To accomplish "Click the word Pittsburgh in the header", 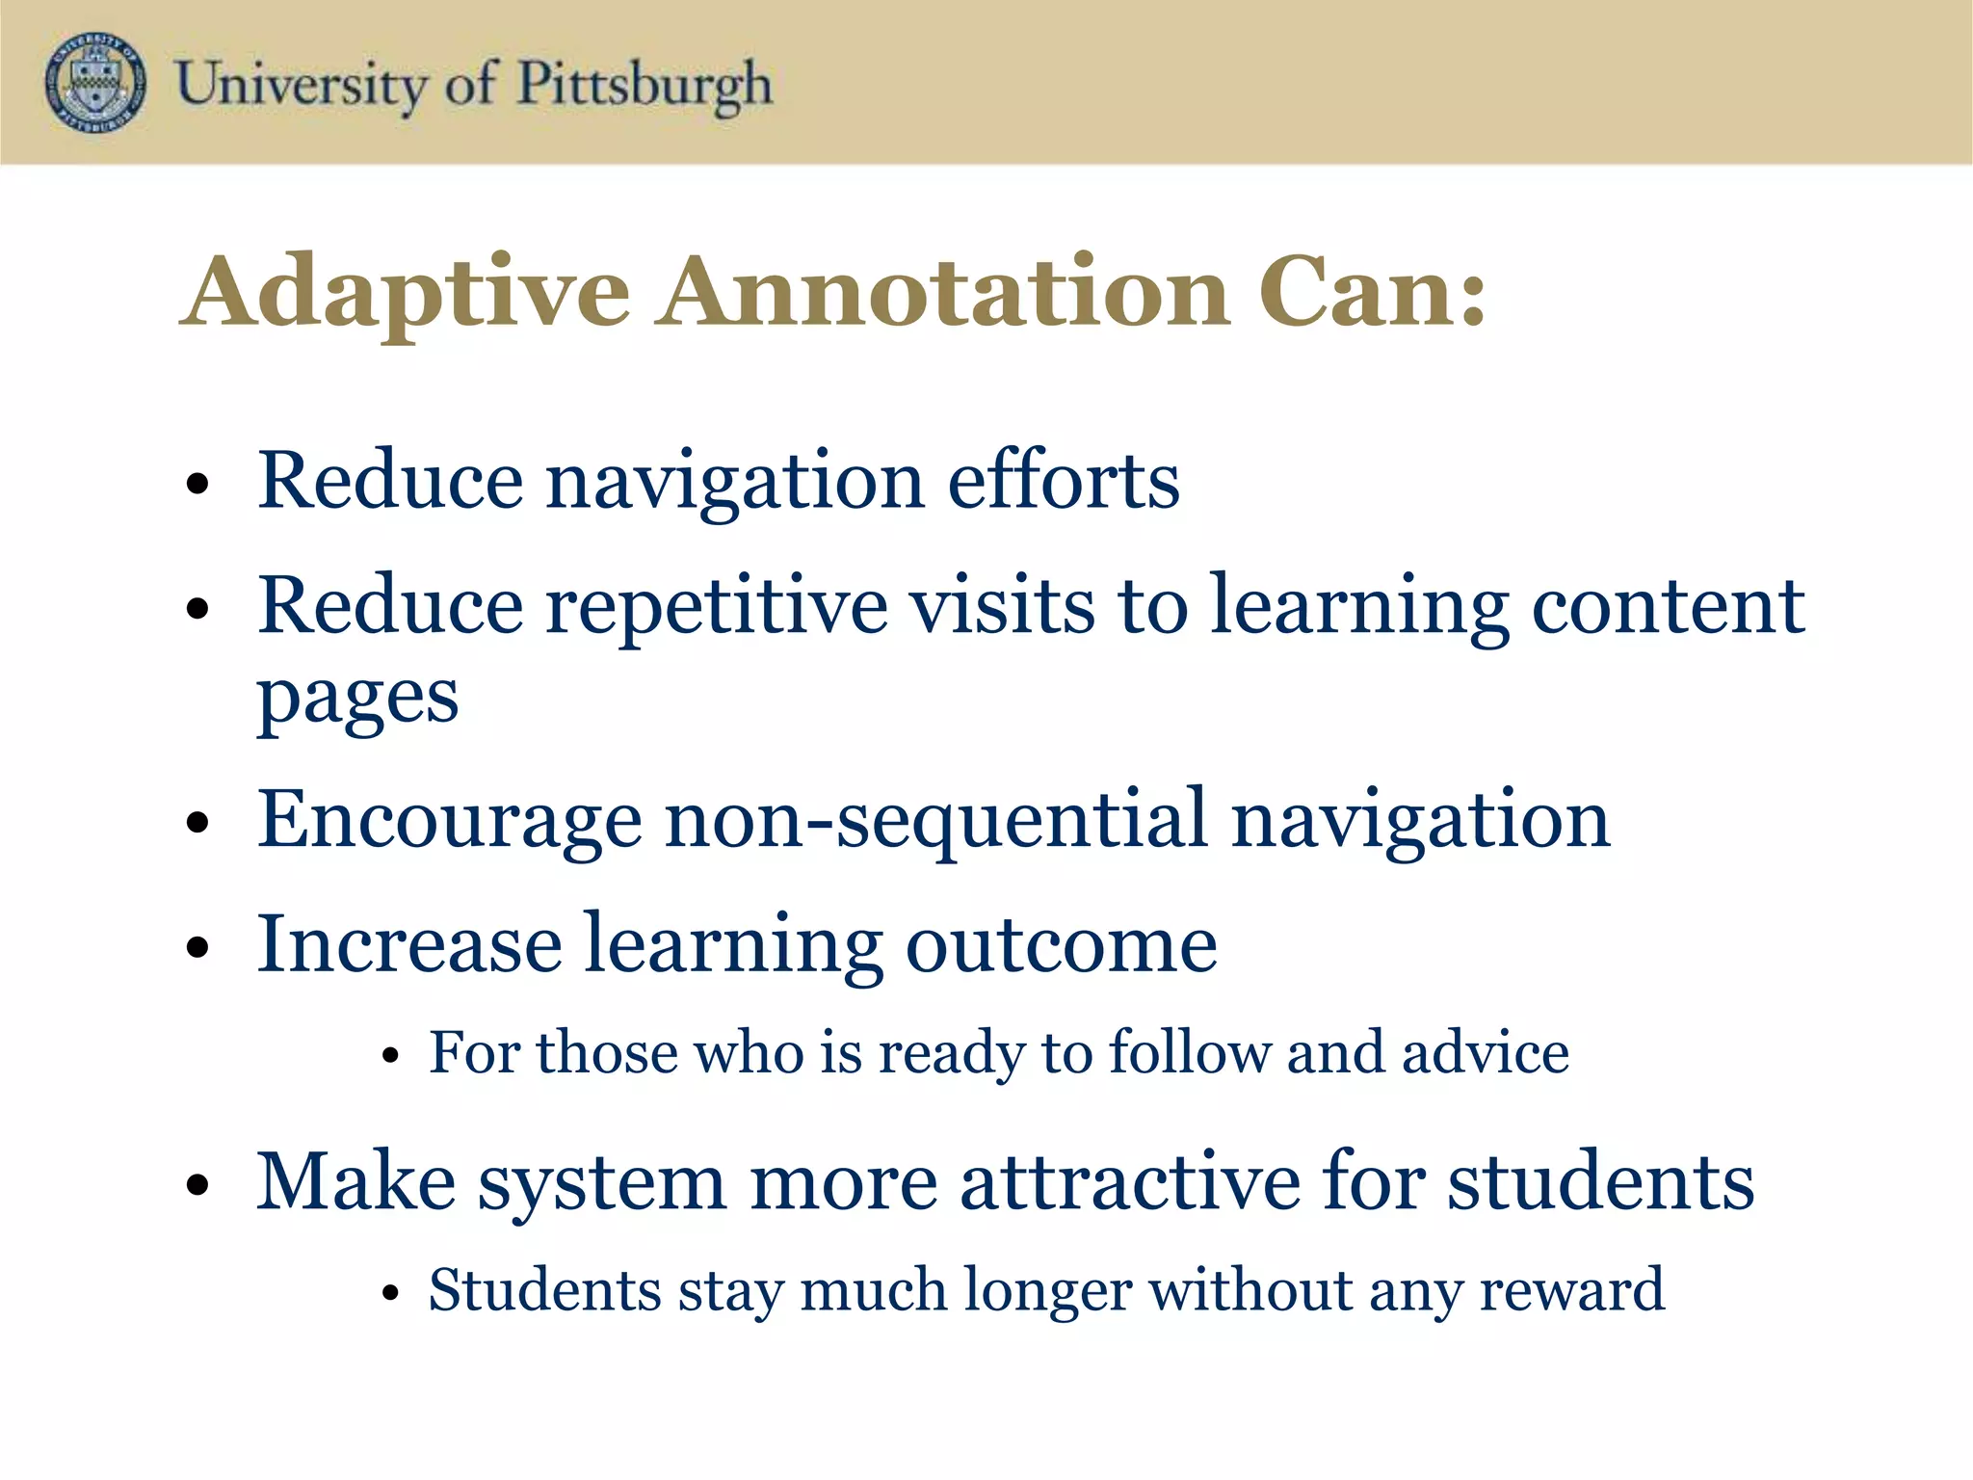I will click(x=645, y=85).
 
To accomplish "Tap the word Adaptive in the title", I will click(x=406, y=292).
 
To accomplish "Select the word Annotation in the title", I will click(x=944, y=292).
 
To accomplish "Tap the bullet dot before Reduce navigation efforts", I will click(x=197, y=484).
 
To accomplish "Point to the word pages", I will click(x=357, y=699).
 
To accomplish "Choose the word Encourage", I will click(x=449, y=820).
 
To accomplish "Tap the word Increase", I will click(x=409, y=944).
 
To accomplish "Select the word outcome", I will click(x=1061, y=944).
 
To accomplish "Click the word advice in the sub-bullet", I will click(x=1486, y=1051).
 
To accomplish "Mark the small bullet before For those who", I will click(x=389, y=1056).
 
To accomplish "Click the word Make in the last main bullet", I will click(x=355, y=1181).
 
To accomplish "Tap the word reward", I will click(x=1571, y=1289).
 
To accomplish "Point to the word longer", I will click(x=1047, y=1289).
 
